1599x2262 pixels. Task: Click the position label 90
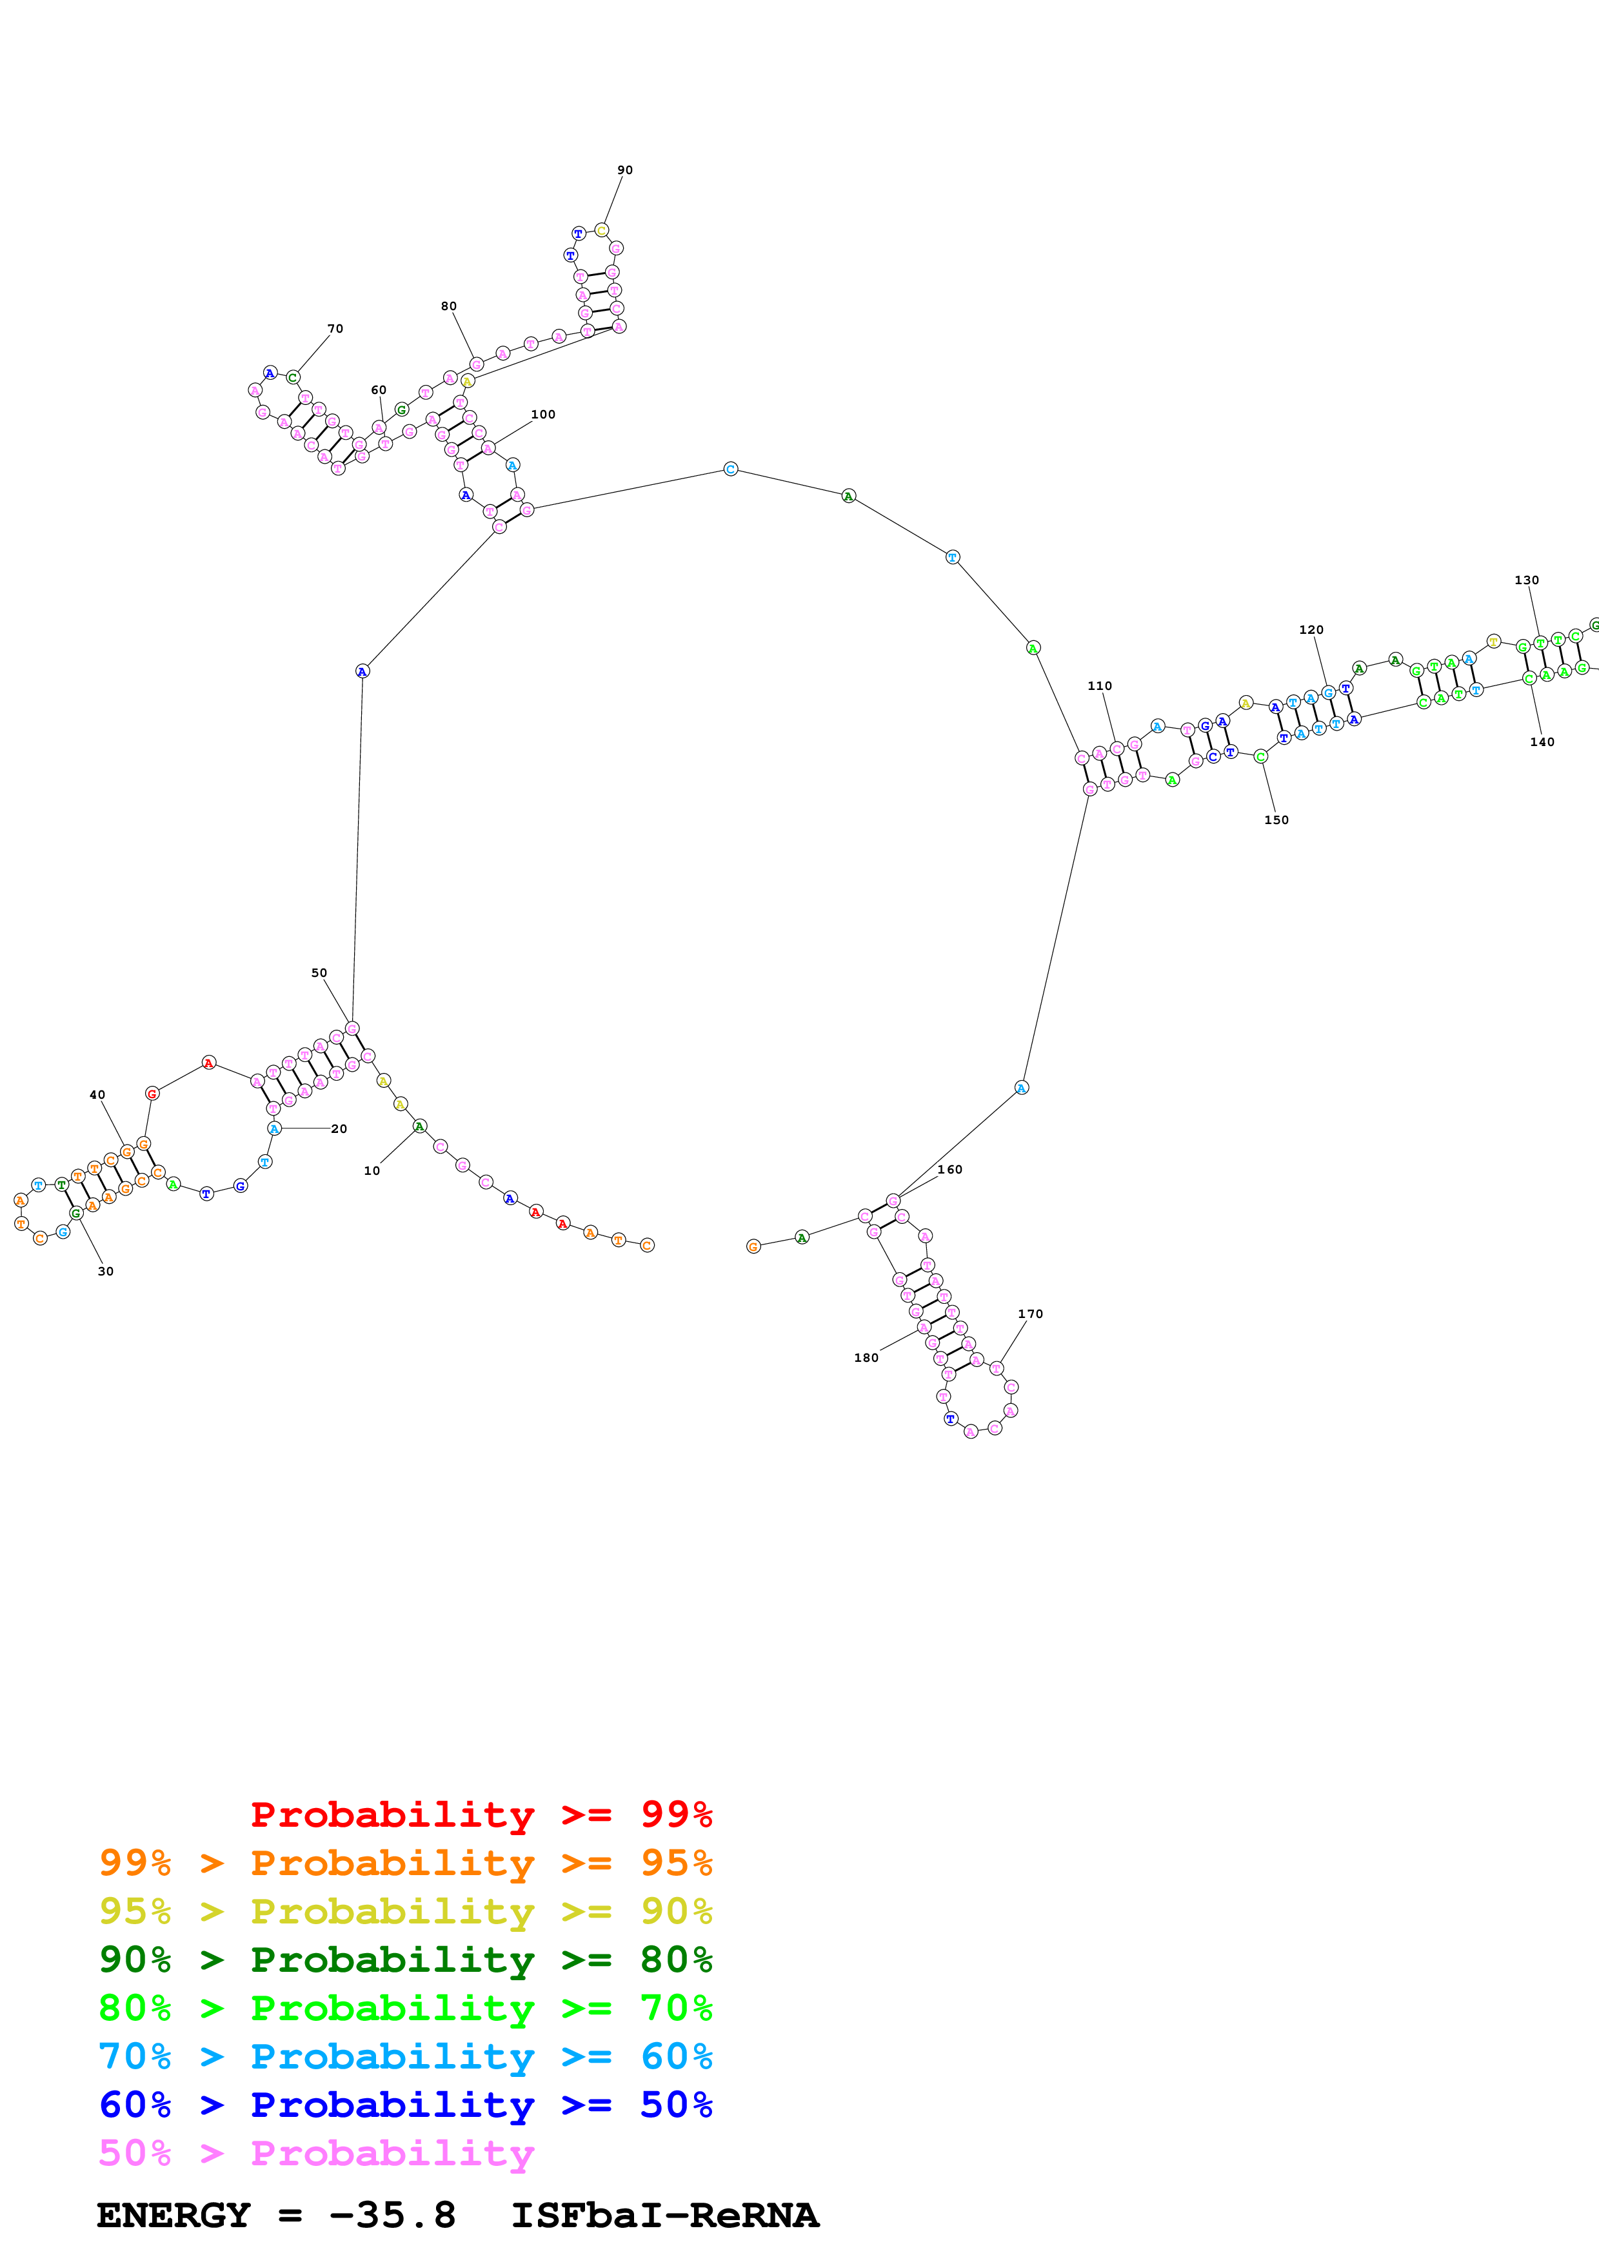(x=624, y=170)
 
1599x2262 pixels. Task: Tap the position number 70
(x=335, y=329)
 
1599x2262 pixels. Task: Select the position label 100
(x=543, y=415)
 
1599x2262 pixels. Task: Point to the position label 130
(x=1526, y=580)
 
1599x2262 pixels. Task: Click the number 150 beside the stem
(x=1276, y=820)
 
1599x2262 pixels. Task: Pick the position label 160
(x=949, y=1170)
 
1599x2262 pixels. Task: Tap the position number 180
(x=866, y=1357)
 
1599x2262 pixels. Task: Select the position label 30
(x=105, y=1271)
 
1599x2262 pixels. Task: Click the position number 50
(x=319, y=972)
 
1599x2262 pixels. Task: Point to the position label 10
(x=372, y=1170)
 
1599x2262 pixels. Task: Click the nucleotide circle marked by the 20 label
(x=274, y=1128)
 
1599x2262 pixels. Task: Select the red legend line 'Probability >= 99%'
(x=481, y=1814)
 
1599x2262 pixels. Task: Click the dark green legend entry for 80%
(x=405, y=1960)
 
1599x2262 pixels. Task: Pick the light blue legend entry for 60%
(x=405, y=2056)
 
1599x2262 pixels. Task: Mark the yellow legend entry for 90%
(x=405, y=1911)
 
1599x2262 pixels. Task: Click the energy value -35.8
(x=392, y=2216)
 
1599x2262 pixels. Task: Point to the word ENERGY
(x=174, y=2216)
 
